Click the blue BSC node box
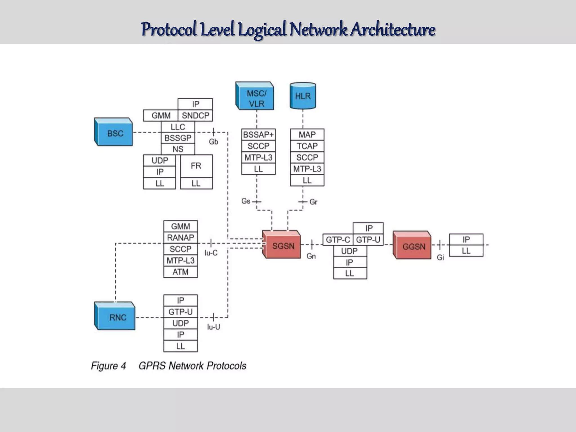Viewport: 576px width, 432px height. pos(114,132)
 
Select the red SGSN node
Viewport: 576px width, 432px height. pos(282,246)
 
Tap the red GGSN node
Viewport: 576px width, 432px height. pos(412,246)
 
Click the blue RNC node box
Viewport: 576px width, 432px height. pos(115,317)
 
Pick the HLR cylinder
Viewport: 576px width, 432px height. pos(303,96)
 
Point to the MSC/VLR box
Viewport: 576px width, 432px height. pos(255,97)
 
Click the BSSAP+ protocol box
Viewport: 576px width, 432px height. pos(258,135)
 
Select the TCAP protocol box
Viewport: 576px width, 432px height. pos(307,146)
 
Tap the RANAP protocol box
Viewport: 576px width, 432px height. pos(181,238)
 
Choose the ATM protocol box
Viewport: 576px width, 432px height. pos(181,272)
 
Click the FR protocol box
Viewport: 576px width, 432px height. pos(196,166)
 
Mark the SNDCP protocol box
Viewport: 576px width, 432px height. pos(195,115)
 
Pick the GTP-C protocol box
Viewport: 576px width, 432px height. pos(338,240)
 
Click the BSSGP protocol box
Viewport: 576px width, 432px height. pos(178,138)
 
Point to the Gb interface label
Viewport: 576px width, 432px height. pos(213,142)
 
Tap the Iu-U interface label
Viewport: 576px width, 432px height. pos(213,327)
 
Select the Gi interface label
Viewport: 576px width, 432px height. pos(440,257)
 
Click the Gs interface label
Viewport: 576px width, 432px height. pos(246,201)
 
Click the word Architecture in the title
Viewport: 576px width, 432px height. pos(393,29)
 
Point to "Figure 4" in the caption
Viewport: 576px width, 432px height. pos(108,366)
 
